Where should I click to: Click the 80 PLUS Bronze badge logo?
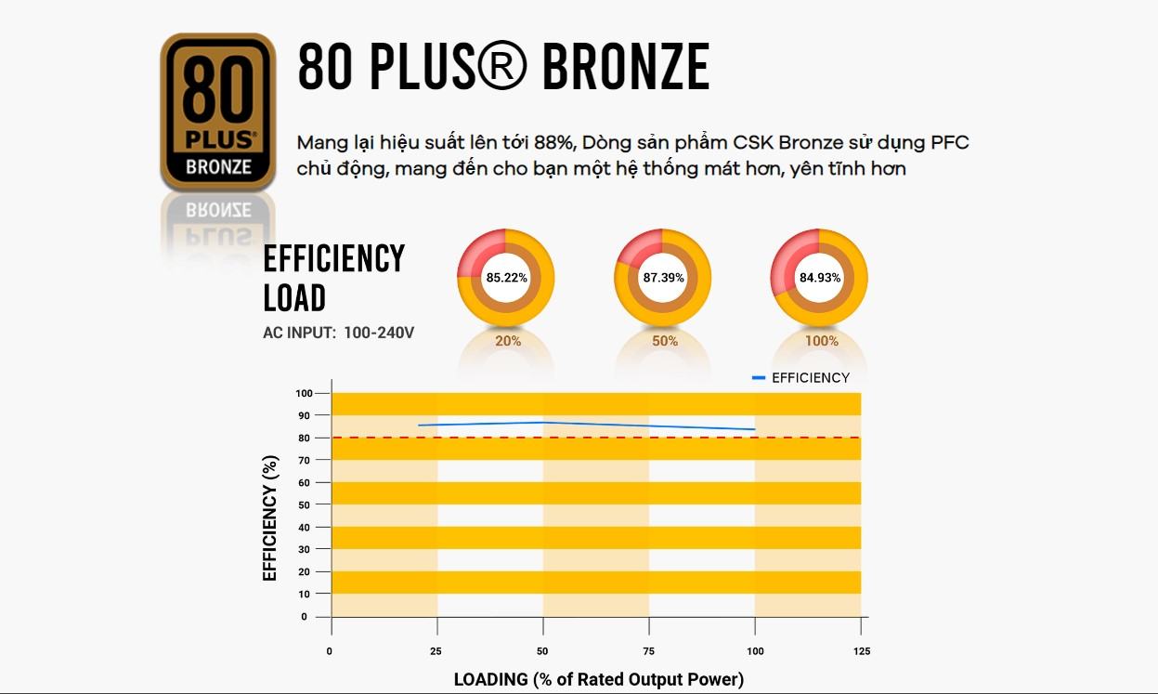(218, 111)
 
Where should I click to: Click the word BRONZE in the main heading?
(625, 67)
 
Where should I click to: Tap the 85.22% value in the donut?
(506, 278)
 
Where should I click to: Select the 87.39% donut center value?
(663, 278)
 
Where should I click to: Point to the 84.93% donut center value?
(820, 278)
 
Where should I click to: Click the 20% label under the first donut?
(508, 341)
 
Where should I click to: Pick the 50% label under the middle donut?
(665, 341)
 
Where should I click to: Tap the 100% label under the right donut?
(821, 341)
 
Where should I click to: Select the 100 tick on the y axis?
(303, 393)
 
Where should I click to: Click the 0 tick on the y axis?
(304, 617)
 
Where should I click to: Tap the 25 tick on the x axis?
(436, 651)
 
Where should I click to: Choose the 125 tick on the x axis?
(861, 651)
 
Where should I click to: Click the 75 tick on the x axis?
(648, 651)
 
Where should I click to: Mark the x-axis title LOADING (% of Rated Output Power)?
(598, 679)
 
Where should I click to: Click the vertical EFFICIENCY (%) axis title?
(270, 517)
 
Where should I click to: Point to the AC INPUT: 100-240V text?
(338, 332)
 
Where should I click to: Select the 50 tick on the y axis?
(303, 504)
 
